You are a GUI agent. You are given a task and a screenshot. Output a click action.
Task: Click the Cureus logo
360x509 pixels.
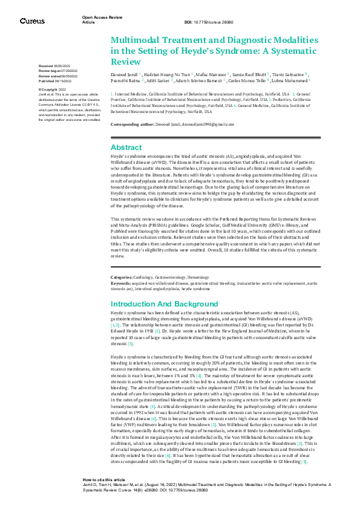click(31, 21)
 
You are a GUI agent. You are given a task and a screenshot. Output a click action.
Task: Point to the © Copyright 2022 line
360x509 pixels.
click(53, 89)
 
